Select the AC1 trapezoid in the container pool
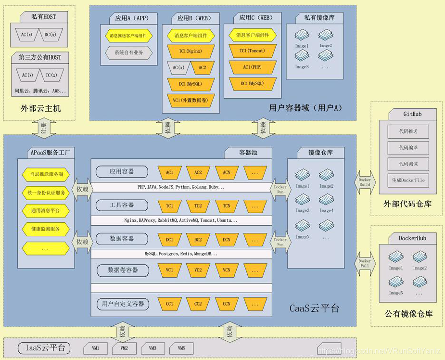170,172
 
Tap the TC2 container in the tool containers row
198,206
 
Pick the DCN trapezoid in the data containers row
227,239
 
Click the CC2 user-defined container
198,304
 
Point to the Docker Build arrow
364,182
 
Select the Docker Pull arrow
364,263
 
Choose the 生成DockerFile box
408,180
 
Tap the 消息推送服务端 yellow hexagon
46,174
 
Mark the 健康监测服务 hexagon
46,229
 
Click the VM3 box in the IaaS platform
153,348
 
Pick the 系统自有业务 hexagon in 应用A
128,52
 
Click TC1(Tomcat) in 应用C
253,51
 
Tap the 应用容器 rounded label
122,171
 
